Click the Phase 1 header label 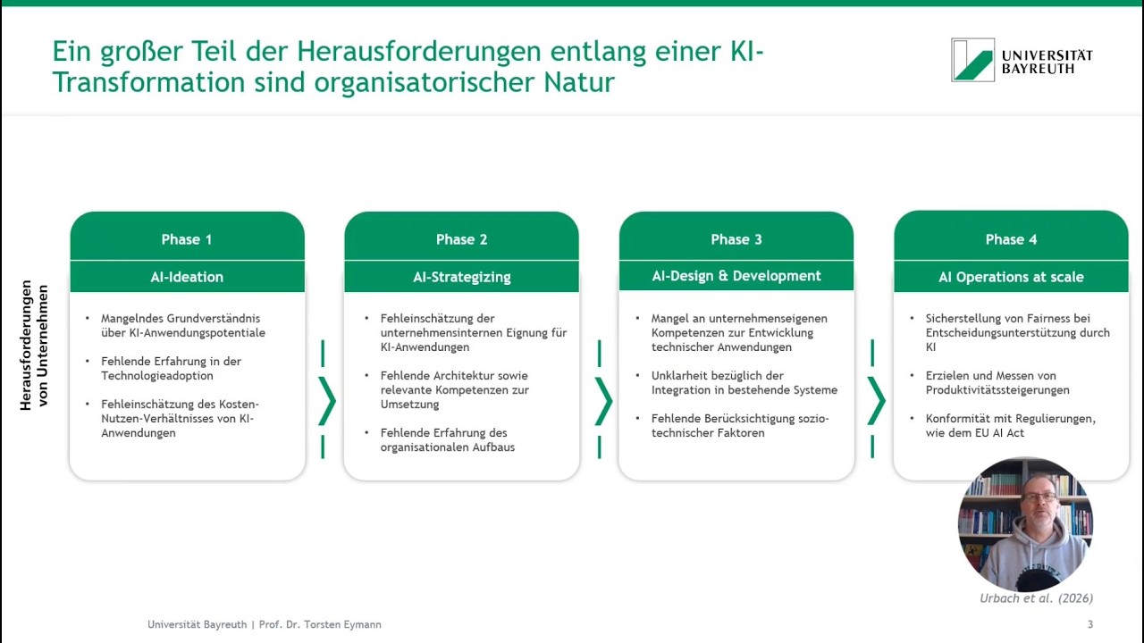coord(187,239)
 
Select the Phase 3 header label coord(736,239)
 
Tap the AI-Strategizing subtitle coord(462,277)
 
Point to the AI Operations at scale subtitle coord(1011,277)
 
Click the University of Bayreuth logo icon coord(972,60)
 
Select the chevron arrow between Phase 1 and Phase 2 coord(326,401)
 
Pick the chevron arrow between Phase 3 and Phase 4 coord(876,401)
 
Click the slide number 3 coord(1089,624)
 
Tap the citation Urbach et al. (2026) coord(1036,598)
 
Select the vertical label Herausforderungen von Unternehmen coord(34,345)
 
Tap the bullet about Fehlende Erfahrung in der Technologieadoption coord(171,369)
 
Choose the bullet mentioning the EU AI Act coord(1010,426)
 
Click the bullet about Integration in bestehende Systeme coord(744,383)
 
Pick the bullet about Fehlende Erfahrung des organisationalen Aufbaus coord(448,440)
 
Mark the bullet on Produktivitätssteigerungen coord(997,383)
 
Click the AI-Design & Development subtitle coord(736,276)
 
